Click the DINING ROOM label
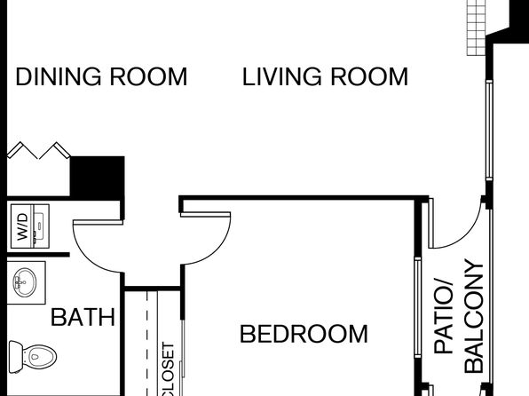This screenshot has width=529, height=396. (x=101, y=76)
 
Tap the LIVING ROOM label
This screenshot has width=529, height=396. (x=325, y=76)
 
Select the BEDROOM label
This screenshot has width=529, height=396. (x=304, y=334)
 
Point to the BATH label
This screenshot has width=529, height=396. (x=83, y=317)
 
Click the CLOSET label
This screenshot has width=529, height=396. (x=168, y=369)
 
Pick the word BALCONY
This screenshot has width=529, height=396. (x=474, y=316)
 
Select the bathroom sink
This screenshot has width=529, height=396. (x=25, y=281)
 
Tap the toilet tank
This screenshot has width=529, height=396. (x=15, y=357)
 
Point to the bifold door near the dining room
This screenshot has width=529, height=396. (x=38, y=150)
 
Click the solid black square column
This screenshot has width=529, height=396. (x=97, y=176)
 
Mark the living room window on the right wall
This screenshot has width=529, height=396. (x=489, y=131)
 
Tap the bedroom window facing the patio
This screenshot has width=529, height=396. (x=418, y=307)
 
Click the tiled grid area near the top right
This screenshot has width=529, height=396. (x=476, y=28)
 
